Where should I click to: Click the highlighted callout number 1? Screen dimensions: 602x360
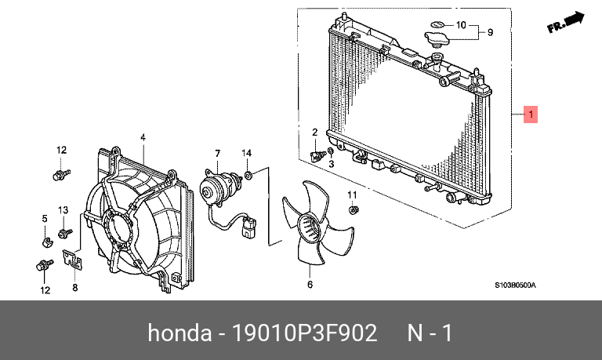531,116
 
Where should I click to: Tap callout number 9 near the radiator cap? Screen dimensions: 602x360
490,33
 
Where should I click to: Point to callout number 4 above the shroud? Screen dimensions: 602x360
143,137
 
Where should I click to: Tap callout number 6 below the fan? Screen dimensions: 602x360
310,284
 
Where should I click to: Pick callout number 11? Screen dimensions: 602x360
352,195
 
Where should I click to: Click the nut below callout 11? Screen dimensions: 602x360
354,209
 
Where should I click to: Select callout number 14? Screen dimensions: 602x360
246,152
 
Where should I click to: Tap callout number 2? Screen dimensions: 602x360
315,133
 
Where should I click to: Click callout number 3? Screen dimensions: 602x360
331,164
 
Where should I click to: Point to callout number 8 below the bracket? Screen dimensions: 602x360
75,288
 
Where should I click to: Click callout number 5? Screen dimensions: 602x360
45,217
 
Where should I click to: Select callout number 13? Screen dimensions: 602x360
64,209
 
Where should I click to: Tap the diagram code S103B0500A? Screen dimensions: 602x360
515,285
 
